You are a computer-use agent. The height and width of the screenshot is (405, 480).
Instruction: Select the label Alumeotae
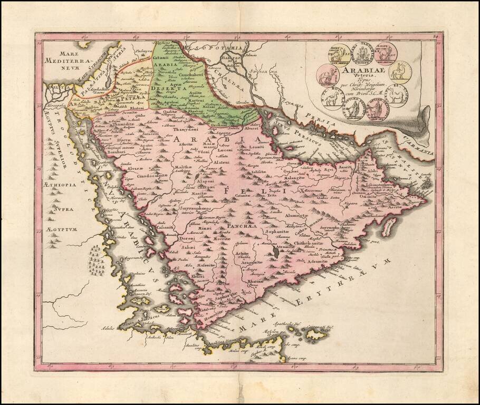pos(297,215)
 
